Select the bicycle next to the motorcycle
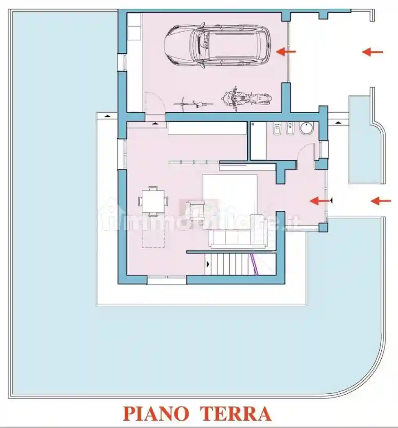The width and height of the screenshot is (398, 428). click(194, 103)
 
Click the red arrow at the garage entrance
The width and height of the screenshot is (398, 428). click(286, 52)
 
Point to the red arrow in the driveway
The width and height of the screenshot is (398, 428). click(373, 52)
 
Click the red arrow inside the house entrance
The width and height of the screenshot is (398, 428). click(319, 201)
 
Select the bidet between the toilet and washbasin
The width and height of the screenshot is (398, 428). click(290, 129)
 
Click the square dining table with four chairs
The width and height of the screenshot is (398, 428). click(153, 201)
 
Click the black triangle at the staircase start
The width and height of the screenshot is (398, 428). click(208, 264)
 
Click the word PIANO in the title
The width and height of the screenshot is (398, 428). click(156, 413)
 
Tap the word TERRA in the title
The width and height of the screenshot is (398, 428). click(236, 413)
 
